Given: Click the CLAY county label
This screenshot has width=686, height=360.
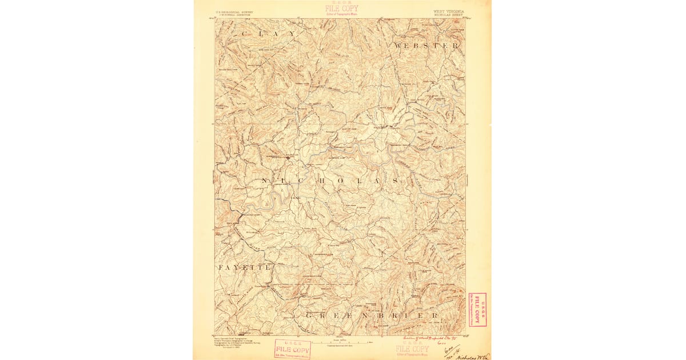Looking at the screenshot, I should tap(269, 34).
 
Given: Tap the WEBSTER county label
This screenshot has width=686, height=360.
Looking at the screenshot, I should tap(426, 45).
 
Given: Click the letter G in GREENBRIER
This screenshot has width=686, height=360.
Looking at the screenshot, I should tap(309, 315).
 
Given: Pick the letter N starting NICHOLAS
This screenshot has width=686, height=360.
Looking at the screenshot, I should tap(264, 181).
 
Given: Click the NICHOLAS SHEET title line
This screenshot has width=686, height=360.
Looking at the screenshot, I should tap(449, 14).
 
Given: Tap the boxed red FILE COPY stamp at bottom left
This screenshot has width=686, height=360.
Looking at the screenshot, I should tap(292, 349).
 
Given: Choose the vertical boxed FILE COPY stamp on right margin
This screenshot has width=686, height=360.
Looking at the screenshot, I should tap(476, 309).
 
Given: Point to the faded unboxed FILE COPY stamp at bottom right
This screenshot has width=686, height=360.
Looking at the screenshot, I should tap(411, 349).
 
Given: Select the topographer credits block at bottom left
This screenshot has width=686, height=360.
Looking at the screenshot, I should tap(231, 342).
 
